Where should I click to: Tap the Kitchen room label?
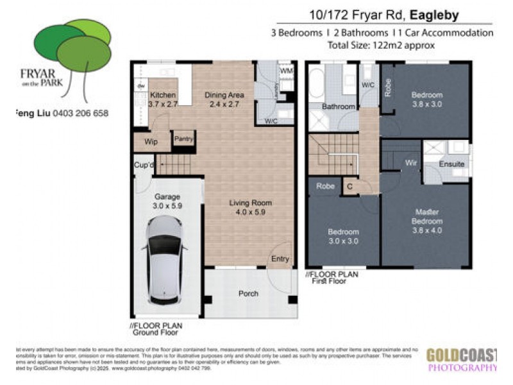(162, 95)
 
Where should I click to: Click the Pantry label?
(183, 137)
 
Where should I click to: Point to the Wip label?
(151, 142)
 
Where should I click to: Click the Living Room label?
(251, 203)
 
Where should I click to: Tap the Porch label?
(248, 293)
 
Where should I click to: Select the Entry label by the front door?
(280, 259)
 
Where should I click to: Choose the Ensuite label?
(451, 164)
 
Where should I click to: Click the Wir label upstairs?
(411, 164)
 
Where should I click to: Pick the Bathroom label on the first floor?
(338, 107)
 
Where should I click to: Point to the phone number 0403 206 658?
(81, 113)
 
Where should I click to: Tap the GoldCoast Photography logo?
(462, 359)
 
